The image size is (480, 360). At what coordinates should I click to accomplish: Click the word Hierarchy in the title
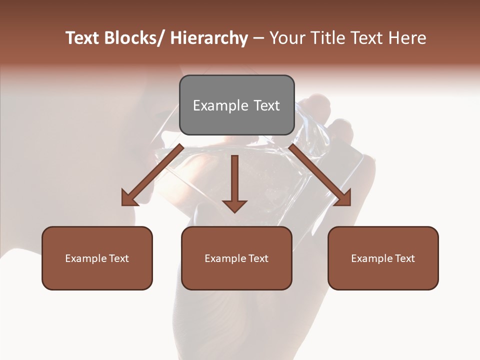(209, 38)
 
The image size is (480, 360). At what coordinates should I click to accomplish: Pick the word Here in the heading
(407, 38)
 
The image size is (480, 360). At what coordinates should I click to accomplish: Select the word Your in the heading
(286, 38)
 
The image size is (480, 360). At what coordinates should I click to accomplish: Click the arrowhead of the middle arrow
(234, 205)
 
